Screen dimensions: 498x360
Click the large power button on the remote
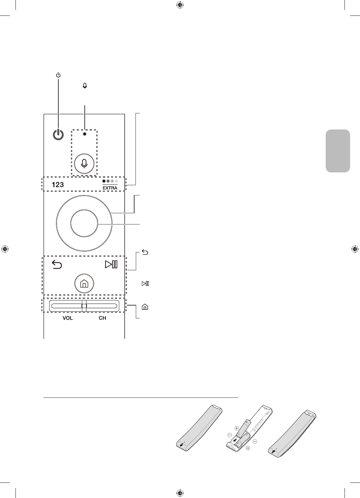[x=58, y=135]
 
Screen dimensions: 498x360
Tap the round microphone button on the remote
[x=84, y=163]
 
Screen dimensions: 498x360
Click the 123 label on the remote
[x=58, y=185]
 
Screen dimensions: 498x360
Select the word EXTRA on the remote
[x=110, y=188]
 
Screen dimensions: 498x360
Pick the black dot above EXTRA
[x=104, y=181]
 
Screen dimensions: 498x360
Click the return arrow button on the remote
[x=57, y=264]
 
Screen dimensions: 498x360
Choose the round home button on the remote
[x=84, y=283]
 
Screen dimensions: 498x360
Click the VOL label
[x=68, y=318]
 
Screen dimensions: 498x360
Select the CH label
[x=102, y=318]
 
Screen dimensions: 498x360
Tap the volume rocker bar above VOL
[x=66, y=306]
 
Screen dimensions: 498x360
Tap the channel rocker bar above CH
[x=102, y=306]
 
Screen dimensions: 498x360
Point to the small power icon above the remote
[x=58, y=75]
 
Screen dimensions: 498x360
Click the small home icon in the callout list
[x=145, y=307]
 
